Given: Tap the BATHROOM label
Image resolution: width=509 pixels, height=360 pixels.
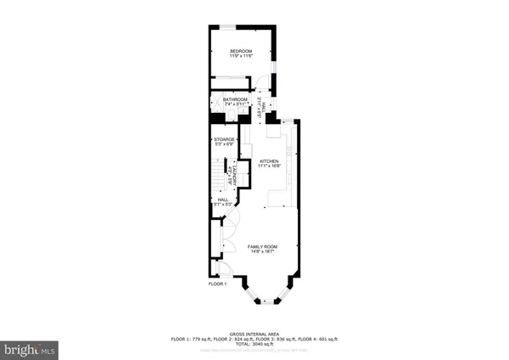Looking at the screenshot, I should tap(235, 98).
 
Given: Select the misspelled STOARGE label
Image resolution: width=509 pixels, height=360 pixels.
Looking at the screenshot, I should tap(224, 138).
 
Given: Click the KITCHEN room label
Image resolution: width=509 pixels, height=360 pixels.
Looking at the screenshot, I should tap(269, 161).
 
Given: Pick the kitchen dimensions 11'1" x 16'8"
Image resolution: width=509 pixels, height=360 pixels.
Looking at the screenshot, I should tap(269, 166).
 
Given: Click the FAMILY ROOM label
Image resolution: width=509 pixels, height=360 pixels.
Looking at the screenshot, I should tap(262, 246).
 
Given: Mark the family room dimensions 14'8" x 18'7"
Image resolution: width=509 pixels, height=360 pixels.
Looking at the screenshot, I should tap(262, 251).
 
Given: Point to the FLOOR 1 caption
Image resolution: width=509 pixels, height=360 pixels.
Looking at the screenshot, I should tap(218, 284).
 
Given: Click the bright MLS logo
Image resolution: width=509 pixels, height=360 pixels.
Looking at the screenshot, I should tap(31, 348).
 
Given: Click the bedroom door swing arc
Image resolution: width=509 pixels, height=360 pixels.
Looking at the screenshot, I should tap(261, 85).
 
